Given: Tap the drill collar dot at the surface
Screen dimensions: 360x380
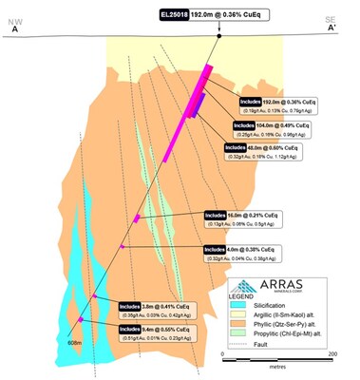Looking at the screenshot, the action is coord(220,39).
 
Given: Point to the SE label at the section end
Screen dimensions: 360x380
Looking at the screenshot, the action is coord(330,19).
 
